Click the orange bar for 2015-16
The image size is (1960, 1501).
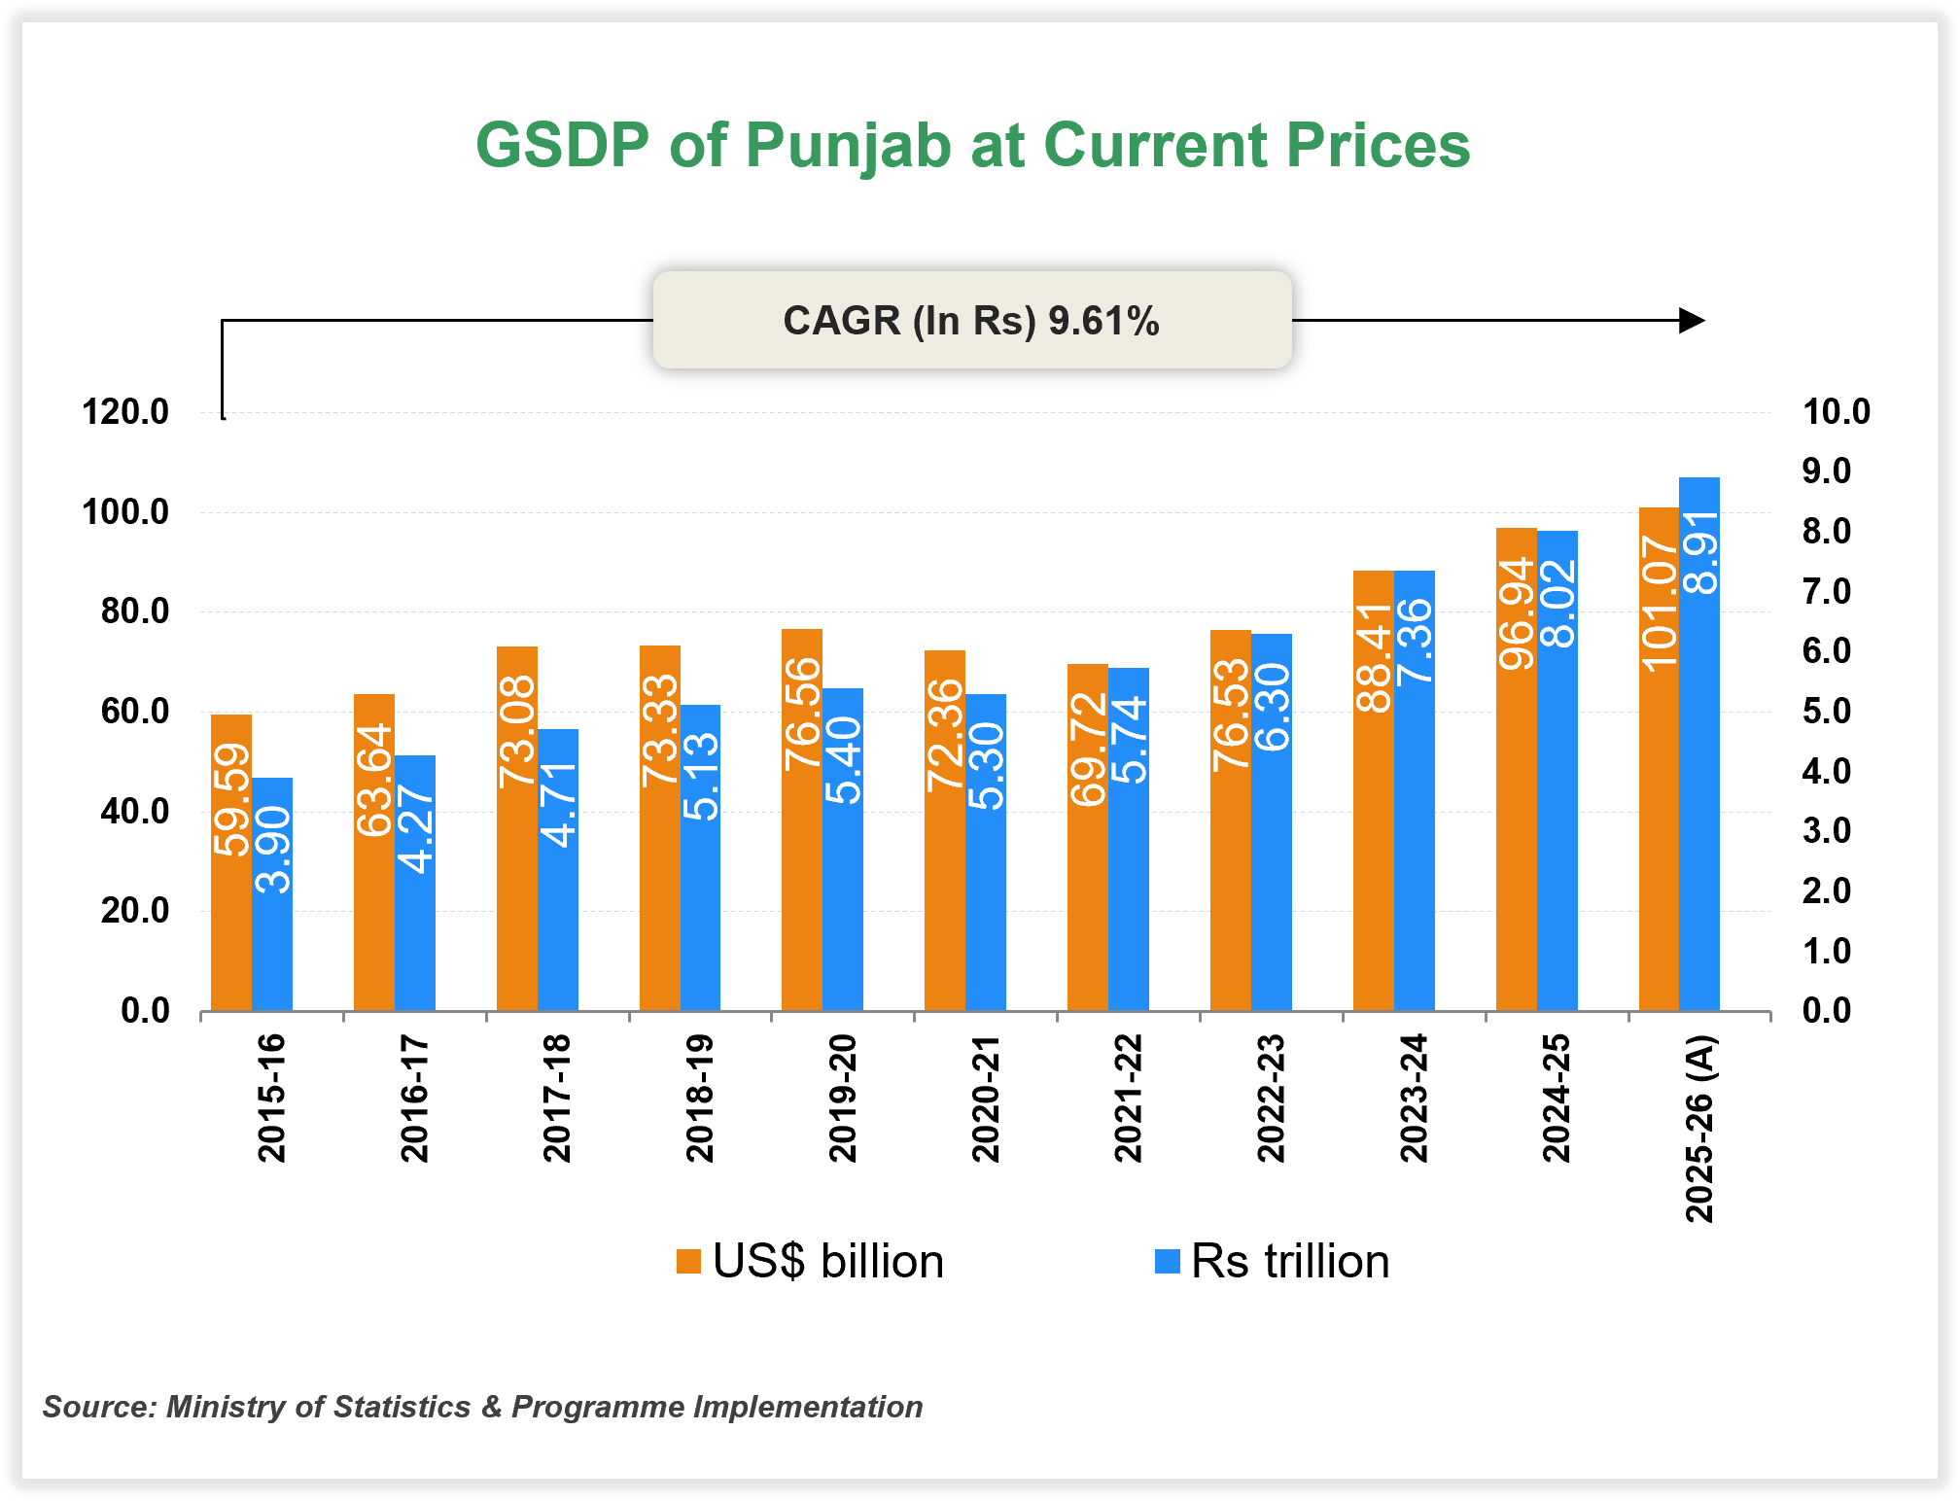click(x=231, y=933)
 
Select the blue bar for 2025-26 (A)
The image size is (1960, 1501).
click(x=1698, y=778)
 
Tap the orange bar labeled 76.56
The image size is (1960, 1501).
click(x=802, y=875)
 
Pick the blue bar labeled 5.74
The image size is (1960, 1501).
click(x=1128, y=875)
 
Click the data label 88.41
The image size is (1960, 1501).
click(x=1374, y=657)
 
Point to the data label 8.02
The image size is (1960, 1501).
click(x=1557, y=604)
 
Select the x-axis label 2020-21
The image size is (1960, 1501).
click(x=986, y=1099)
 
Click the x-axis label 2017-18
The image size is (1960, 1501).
click(x=557, y=1099)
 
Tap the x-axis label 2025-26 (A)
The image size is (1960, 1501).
click(x=1699, y=1129)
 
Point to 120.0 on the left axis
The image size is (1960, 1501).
click(x=125, y=412)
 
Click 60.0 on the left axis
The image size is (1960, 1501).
click(x=134, y=712)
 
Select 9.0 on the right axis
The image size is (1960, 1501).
click(x=1826, y=471)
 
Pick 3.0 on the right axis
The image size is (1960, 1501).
click(x=1826, y=831)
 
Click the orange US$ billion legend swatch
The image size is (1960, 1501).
click(x=688, y=1261)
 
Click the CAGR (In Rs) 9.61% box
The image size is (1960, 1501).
click(x=971, y=320)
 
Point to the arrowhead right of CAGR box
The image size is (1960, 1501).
click(x=1692, y=320)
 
